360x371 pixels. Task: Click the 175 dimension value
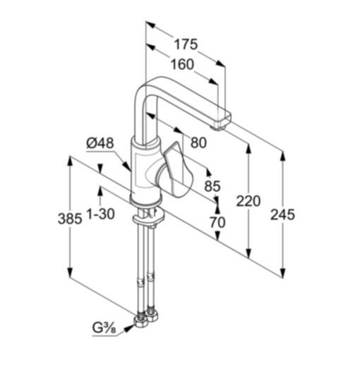pyautogui.click(x=186, y=44)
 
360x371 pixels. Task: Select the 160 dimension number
pyautogui.click(x=182, y=64)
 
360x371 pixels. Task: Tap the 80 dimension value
pyautogui.click(x=198, y=142)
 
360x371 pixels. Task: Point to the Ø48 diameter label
pyautogui.click(x=100, y=143)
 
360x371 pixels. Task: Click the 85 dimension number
pyautogui.click(x=212, y=185)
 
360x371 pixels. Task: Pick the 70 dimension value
pyautogui.click(x=217, y=222)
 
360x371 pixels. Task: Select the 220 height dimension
pyautogui.click(x=248, y=201)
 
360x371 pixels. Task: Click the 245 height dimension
pyautogui.click(x=282, y=214)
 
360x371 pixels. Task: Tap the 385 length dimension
pyautogui.click(x=70, y=219)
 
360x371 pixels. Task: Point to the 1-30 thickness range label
pyautogui.click(x=101, y=214)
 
